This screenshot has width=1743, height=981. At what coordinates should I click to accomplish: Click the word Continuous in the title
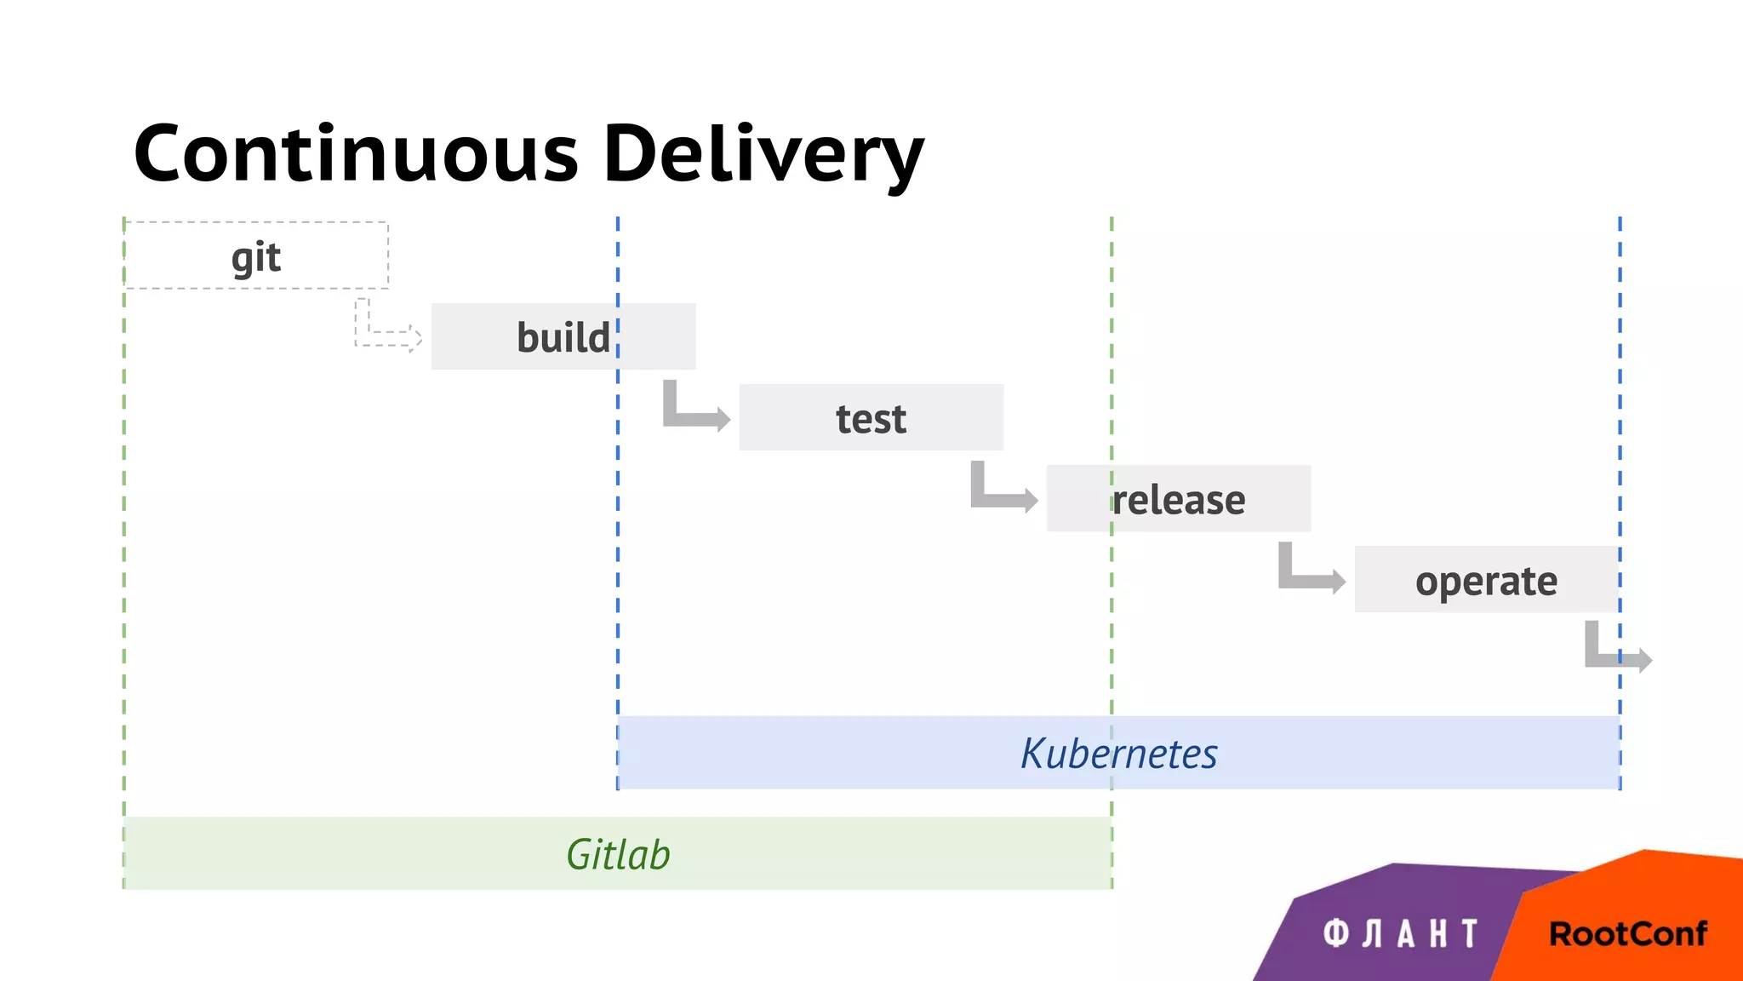point(356,153)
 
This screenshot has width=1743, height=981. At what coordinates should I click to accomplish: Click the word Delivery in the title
point(763,155)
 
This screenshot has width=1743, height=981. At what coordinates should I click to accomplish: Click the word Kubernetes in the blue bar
point(1118,754)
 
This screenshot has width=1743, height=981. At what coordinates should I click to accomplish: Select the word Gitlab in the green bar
point(618,854)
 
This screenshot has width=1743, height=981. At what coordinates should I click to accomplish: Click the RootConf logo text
point(1627,933)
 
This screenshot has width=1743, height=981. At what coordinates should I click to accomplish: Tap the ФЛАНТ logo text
point(1401,933)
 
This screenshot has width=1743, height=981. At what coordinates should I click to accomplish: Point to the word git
point(255,257)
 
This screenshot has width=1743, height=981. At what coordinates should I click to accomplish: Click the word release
point(1179,500)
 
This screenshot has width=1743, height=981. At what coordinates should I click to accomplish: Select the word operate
point(1486,582)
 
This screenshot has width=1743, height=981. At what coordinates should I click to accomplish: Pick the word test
point(871,419)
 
